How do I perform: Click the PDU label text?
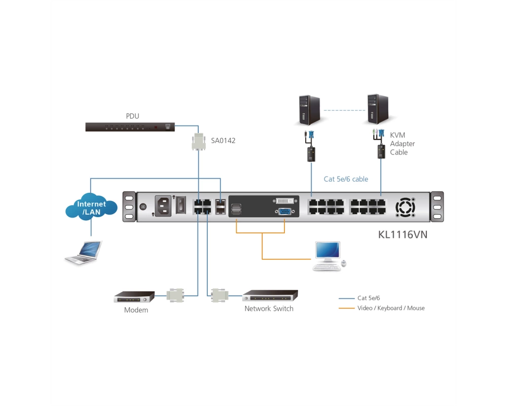coord(132,116)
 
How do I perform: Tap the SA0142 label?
coord(223,141)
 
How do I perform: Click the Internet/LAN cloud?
coord(91,207)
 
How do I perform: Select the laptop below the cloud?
coord(84,253)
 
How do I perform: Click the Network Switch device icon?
coord(270,295)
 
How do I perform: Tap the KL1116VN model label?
coord(403,234)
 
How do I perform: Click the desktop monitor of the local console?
coord(328,251)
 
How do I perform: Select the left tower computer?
coord(309,110)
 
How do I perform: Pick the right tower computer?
coord(378,109)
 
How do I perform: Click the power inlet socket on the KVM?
coord(163,206)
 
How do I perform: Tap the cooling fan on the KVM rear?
coord(405,207)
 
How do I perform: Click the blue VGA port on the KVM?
coord(284,212)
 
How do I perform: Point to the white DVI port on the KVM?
coord(285,201)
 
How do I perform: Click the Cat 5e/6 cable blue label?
coord(346,179)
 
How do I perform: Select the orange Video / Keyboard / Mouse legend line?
coord(347,308)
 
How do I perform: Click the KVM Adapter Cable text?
coord(402,144)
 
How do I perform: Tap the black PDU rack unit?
coord(130,127)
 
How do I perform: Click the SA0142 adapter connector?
coord(199,142)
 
